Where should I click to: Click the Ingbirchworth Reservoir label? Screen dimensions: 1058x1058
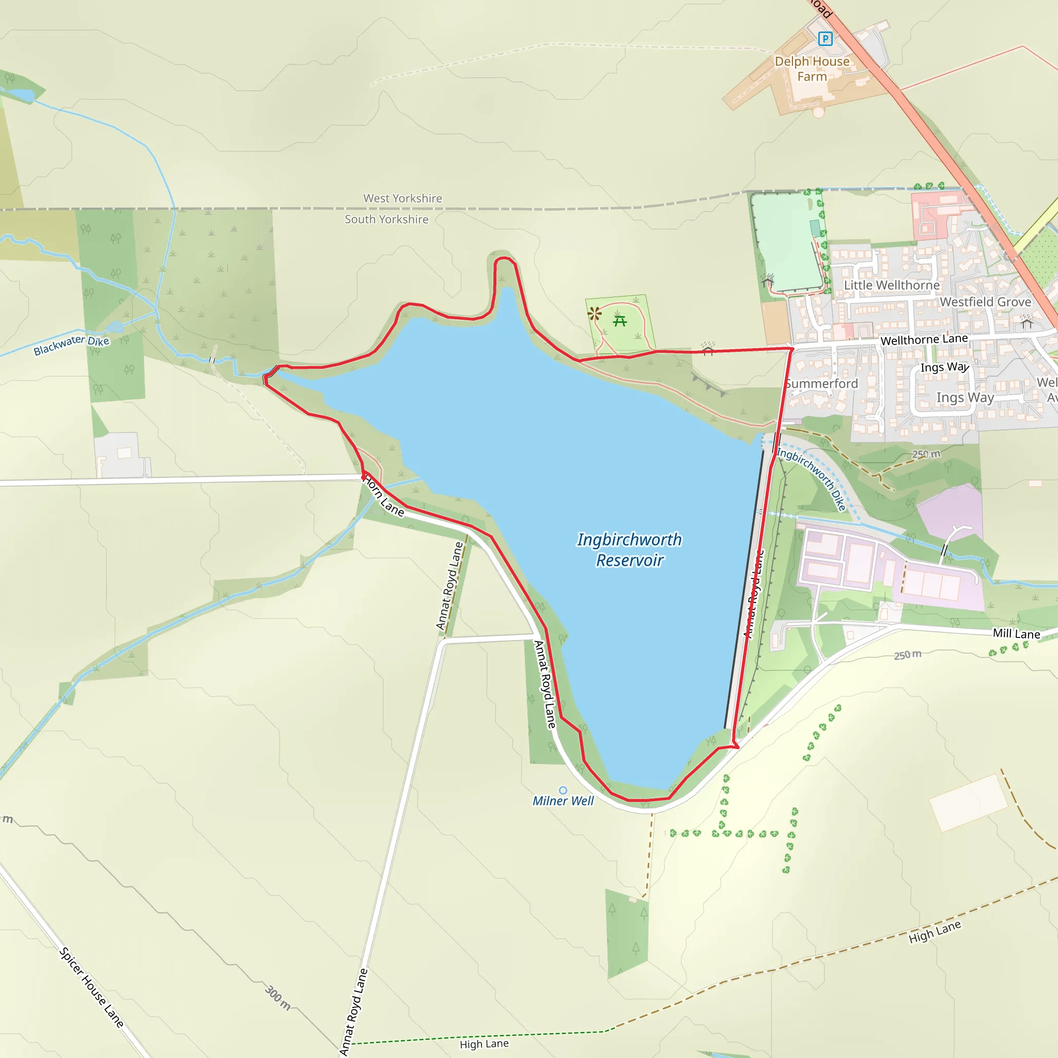[629, 550]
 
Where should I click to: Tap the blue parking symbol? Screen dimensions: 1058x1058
[824, 39]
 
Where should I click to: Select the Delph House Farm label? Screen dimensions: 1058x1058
[812, 69]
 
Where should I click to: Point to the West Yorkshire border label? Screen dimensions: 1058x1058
[402, 198]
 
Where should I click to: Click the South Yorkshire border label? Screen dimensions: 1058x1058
[386, 220]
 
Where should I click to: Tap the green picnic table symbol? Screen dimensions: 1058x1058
[620, 321]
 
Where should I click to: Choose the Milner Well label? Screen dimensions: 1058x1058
[563, 801]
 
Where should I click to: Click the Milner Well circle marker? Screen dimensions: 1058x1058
[563, 790]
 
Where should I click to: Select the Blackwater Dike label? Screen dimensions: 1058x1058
[71, 345]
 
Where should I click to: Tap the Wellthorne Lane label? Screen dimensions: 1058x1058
[924, 339]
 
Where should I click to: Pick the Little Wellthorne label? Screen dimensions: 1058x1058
[892, 285]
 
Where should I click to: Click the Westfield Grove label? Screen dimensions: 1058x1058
[985, 302]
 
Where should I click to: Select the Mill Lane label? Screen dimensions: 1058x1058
[1016, 633]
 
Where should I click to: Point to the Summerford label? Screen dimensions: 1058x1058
[821, 384]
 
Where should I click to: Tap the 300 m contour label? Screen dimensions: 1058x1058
[277, 997]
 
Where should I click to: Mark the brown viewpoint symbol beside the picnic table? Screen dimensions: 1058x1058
[594, 314]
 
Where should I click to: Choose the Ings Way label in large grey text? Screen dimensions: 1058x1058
[965, 398]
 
